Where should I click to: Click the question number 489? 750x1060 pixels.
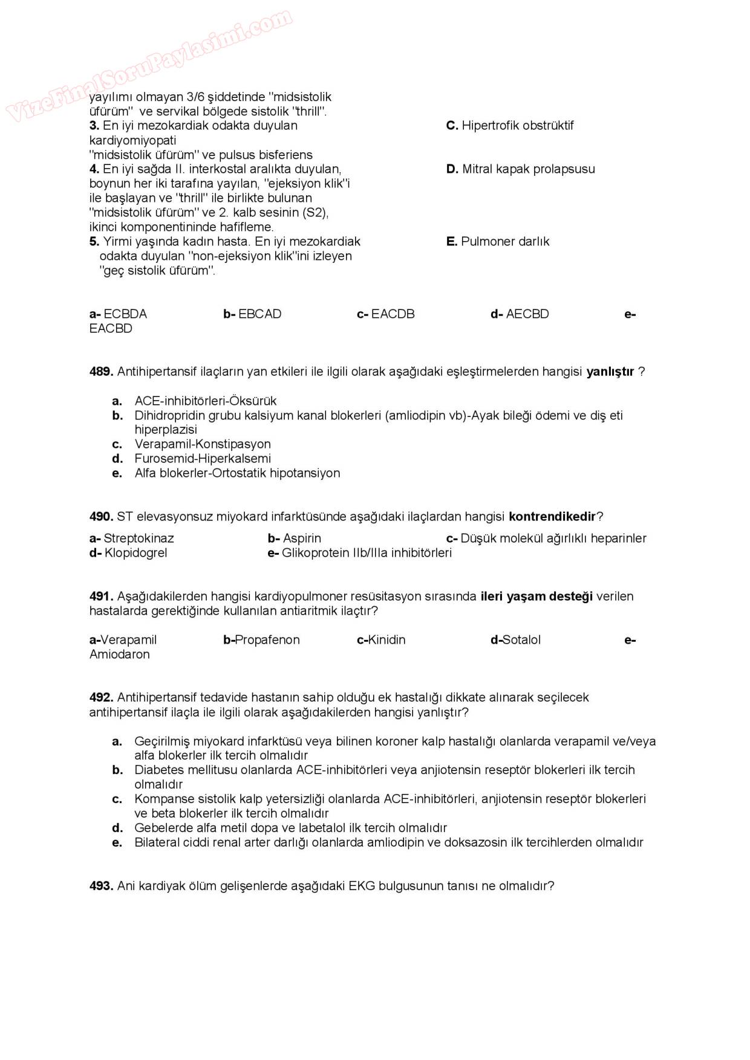click(101, 372)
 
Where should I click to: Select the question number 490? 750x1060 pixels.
click(101, 517)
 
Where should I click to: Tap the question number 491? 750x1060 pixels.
click(101, 596)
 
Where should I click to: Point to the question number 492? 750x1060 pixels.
click(101, 697)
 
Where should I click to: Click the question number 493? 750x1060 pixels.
click(101, 886)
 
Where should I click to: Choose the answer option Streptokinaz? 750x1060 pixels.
click(139, 538)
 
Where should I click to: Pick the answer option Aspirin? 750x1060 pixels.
click(302, 538)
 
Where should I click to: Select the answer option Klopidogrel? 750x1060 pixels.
click(135, 553)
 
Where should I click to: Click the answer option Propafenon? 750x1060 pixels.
click(267, 640)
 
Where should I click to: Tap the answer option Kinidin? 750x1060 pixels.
click(386, 640)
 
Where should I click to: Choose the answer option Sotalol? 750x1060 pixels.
click(521, 640)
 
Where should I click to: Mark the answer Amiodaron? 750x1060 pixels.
click(120, 654)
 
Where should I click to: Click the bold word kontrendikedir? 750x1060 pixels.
click(552, 517)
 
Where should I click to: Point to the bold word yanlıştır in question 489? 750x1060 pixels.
click(610, 372)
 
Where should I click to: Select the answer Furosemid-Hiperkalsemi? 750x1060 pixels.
click(203, 459)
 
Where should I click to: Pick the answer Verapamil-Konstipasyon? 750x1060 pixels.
click(203, 444)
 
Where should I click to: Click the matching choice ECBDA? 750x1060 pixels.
click(125, 314)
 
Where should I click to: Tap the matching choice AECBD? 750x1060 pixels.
click(527, 314)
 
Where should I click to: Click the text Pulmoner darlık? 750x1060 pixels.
click(505, 242)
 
